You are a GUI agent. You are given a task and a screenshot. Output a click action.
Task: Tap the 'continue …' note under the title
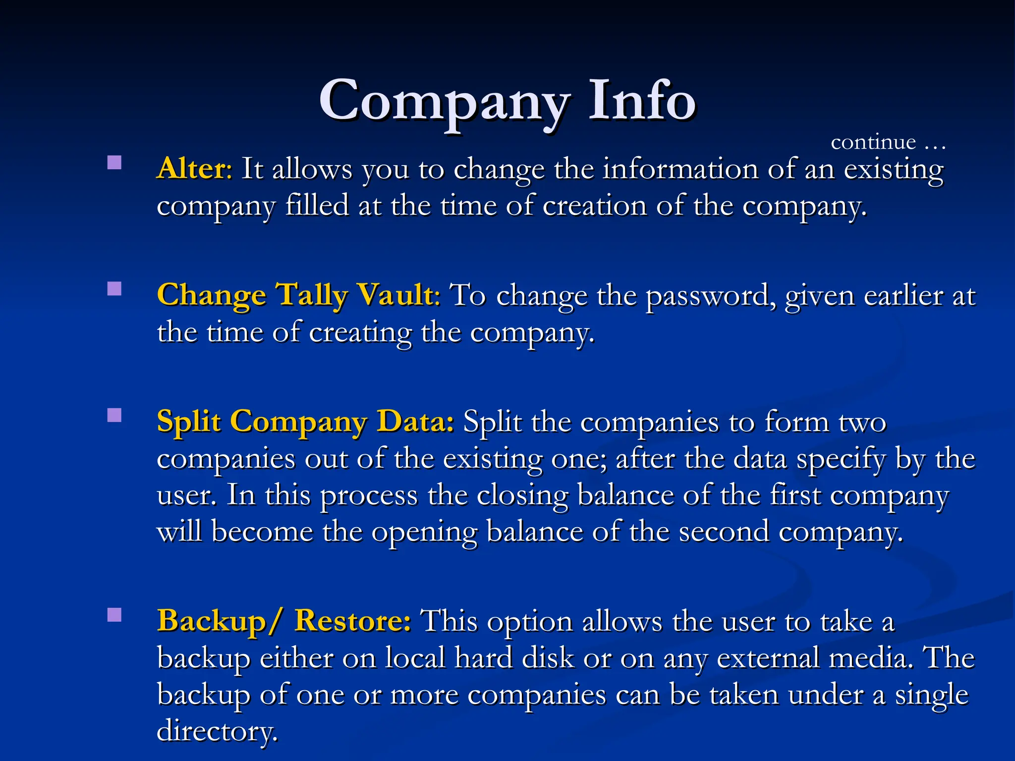[888, 143]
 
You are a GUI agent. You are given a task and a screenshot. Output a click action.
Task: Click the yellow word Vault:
[398, 295]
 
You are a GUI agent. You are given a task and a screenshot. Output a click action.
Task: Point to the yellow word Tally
[312, 296]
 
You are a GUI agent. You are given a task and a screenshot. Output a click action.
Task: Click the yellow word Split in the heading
[188, 423]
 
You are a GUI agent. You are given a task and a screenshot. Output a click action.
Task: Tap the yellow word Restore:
[352, 621]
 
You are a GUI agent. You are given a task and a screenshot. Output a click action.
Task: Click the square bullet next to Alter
[114, 163]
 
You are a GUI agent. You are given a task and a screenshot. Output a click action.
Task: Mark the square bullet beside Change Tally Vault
[114, 289]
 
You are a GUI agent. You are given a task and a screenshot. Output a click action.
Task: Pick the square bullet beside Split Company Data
[114, 415]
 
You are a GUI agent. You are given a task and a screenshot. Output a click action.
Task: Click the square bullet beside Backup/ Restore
[114, 615]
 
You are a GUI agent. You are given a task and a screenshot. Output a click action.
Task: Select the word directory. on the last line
[217, 731]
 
